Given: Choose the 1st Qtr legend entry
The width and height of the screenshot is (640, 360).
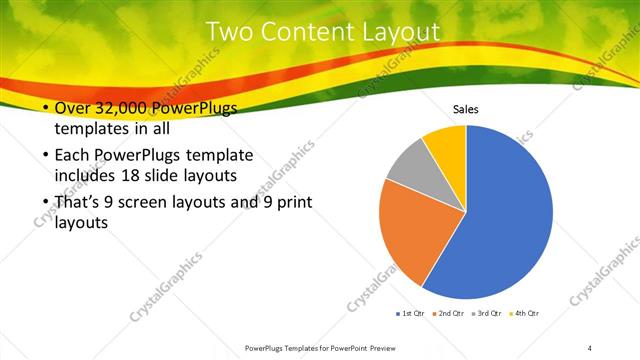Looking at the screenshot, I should point(410,313).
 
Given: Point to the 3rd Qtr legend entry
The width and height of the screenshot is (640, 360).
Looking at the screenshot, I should point(488,313).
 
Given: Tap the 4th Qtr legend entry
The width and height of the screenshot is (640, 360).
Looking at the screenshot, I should point(526,313).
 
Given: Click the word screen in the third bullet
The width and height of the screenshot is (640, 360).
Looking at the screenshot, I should point(147,203).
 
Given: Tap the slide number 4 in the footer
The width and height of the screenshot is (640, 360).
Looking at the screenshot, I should point(589,347).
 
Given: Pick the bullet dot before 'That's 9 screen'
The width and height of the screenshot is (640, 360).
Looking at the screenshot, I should point(43,203).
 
